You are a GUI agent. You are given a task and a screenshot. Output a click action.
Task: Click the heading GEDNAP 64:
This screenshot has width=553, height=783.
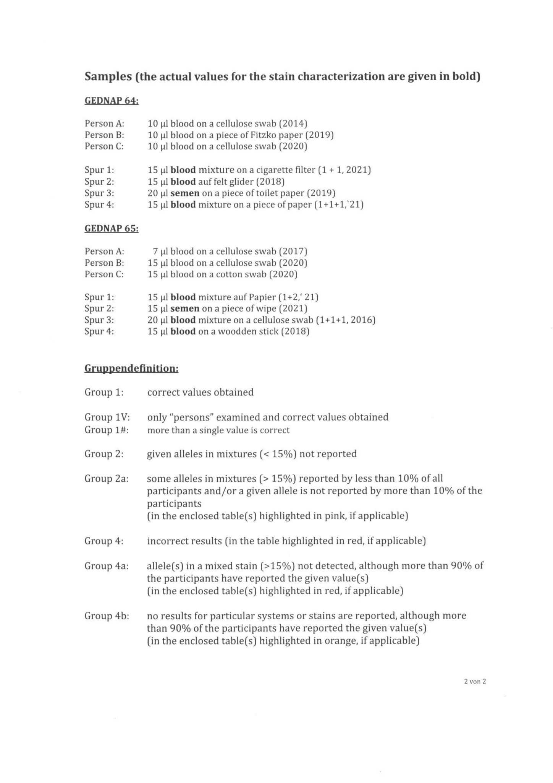(x=111, y=101)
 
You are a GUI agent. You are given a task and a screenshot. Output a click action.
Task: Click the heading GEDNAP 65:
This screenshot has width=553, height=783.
(x=111, y=228)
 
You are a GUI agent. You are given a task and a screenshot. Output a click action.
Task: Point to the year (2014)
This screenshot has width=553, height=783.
(x=293, y=123)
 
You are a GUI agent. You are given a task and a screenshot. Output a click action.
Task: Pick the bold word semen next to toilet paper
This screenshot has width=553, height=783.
(x=185, y=193)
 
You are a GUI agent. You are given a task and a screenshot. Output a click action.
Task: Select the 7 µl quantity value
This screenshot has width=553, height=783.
(x=160, y=251)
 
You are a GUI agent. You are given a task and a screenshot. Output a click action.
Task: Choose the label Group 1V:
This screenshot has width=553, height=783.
(x=107, y=417)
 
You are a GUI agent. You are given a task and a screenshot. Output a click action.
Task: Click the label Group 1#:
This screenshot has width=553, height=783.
(x=107, y=430)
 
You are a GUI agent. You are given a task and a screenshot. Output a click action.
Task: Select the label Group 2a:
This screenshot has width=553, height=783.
(x=107, y=478)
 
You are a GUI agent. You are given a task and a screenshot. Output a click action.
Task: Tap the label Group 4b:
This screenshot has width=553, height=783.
(x=107, y=616)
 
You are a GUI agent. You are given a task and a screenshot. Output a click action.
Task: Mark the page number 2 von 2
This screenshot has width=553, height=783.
(x=475, y=681)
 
